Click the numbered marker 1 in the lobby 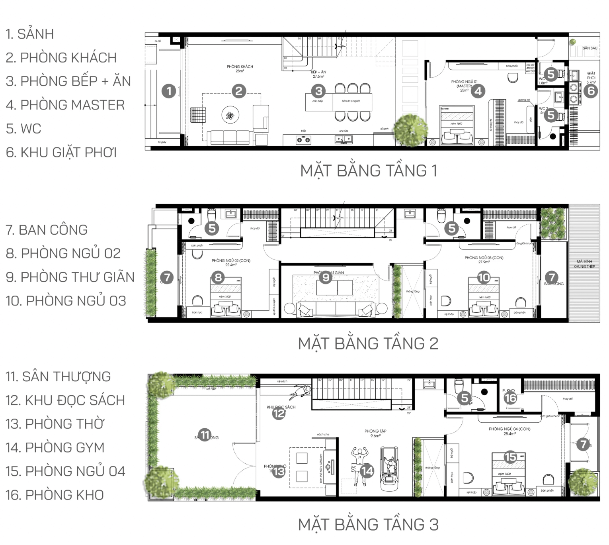169,91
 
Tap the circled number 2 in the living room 238,91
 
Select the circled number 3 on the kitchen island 318,91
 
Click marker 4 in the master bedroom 478,91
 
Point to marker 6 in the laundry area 591,91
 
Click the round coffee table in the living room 230,116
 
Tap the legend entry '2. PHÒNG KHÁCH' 61,58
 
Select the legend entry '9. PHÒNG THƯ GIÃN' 70,277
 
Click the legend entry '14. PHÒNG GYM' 55,447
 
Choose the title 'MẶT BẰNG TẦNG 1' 369,171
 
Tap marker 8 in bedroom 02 218,277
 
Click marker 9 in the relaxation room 326,277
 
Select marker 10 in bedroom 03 484,277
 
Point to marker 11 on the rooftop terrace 205,435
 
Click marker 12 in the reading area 279,414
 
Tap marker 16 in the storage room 510,398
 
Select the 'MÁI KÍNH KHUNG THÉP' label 584,264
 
